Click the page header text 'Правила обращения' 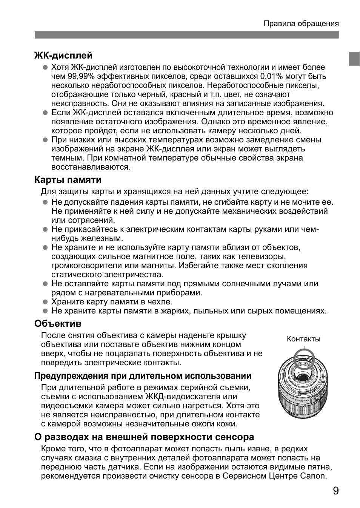(301, 24)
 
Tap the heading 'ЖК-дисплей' (63, 56)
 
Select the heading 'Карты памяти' (68, 179)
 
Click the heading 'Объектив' (58, 323)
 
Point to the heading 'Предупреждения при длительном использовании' (143, 376)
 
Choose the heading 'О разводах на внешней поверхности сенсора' (144, 437)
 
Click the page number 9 (335, 491)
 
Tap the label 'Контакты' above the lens (303, 339)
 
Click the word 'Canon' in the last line (312, 476)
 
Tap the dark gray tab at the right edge (354, 59)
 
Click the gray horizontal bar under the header (187, 35)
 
